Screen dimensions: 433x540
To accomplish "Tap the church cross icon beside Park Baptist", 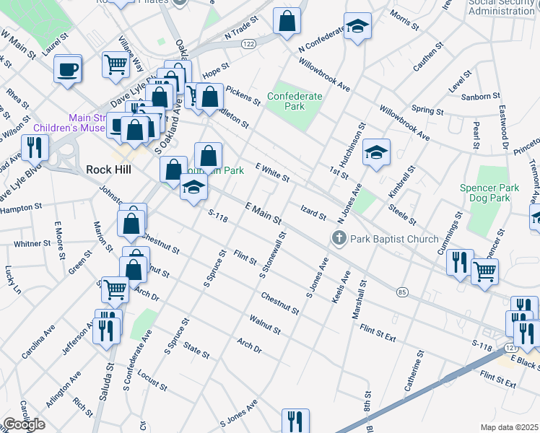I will (338, 237).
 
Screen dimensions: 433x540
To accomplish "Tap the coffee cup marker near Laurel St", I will (68, 69).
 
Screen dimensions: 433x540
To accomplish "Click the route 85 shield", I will (402, 292).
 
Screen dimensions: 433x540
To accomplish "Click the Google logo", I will (24, 424).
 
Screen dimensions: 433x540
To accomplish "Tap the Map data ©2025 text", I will (508, 427).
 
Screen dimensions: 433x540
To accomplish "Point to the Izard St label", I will (313, 211).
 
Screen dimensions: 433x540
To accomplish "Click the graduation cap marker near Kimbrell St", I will (376, 152).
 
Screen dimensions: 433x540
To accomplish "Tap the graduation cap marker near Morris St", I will (357, 27).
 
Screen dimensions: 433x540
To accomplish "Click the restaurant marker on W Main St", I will (35, 148).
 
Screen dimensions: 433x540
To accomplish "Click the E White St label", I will (271, 172).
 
